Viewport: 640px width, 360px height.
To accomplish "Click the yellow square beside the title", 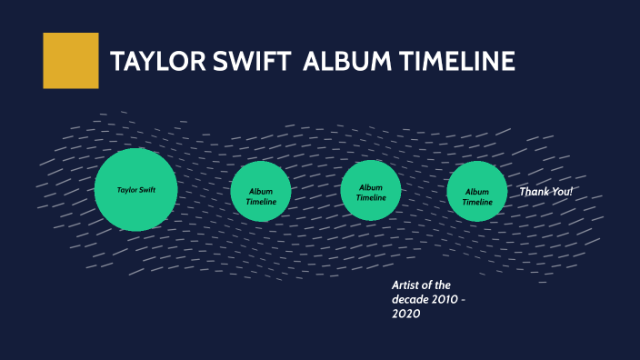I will coord(70,61).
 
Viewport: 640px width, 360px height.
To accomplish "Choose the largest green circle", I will coord(135,189).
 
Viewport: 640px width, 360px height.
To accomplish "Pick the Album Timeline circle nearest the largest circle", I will coord(261,191).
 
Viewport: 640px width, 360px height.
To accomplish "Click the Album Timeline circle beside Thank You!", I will coord(477,191).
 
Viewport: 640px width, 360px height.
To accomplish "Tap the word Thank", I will coord(535,192).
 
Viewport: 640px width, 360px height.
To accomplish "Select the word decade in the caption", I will coord(412,299).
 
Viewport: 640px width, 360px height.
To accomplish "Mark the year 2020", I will coord(406,314).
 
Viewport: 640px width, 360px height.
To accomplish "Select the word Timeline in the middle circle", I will coord(371,197).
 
